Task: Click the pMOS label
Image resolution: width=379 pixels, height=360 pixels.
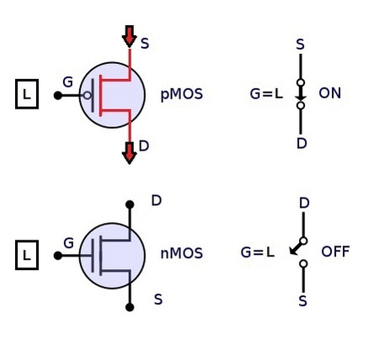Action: point(181,94)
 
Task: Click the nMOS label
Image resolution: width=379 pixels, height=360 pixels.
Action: point(181,253)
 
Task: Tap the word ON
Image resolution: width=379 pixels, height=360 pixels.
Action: point(329,93)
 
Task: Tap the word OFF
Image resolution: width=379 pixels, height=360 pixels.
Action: point(335,251)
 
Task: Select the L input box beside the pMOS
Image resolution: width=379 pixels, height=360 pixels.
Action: point(27,94)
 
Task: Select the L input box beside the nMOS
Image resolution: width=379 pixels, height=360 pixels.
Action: point(27,255)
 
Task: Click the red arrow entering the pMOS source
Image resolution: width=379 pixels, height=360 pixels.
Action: point(129,36)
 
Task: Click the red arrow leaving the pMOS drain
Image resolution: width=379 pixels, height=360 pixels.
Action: point(129,153)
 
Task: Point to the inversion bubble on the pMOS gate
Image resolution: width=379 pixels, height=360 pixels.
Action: point(87,96)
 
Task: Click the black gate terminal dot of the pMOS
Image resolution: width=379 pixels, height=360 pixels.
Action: point(58,96)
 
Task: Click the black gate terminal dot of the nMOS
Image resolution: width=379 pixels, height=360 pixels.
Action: point(58,256)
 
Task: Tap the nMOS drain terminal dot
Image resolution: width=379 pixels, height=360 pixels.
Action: point(130,204)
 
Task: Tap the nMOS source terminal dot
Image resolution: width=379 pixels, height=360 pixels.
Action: point(130,307)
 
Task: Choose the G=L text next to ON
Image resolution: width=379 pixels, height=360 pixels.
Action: point(266,94)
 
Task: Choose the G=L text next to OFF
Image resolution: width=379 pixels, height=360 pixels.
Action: point(258,252)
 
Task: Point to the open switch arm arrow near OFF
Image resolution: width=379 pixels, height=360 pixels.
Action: point(296,248)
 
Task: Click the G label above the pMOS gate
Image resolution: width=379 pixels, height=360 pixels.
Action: point(68,82)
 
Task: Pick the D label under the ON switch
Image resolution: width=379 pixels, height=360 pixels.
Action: point(302,143)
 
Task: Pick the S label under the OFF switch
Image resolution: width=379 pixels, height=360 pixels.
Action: point(302,301)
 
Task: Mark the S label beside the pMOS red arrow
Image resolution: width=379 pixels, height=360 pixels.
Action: point(145,44)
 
